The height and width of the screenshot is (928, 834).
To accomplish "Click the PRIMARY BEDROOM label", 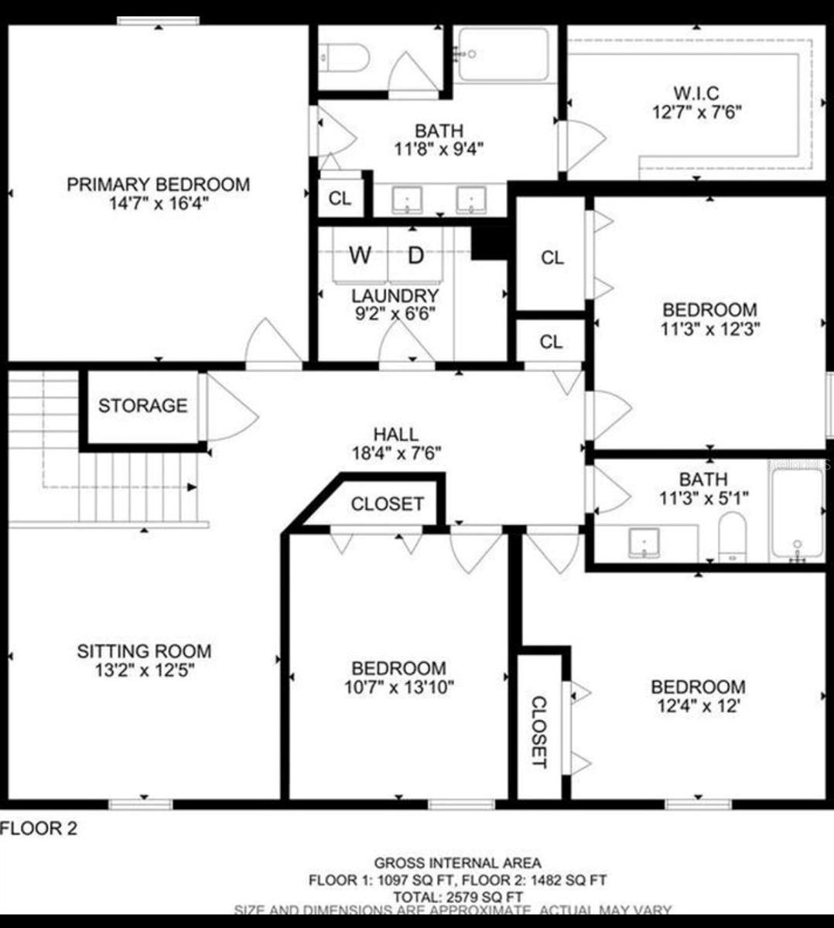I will point(158,185).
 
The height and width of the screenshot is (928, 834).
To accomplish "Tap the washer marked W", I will point(360,255).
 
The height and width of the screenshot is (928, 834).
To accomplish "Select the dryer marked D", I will point(416,255).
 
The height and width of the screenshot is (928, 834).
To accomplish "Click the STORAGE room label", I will point(142,406).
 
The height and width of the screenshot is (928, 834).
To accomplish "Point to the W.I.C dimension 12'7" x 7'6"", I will point(696,112).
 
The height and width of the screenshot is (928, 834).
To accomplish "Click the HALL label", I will point(396,435).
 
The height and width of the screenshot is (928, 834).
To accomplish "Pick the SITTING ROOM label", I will point(144,651).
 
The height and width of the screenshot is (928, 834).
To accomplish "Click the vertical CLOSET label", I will point(538,732).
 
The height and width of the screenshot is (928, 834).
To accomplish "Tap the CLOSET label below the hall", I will point(387,504).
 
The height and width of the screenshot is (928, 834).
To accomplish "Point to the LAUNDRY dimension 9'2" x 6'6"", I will point(395,314).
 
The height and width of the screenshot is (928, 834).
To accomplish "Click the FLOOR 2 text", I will point(39,829).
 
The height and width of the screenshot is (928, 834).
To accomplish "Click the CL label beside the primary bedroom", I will point(340,199).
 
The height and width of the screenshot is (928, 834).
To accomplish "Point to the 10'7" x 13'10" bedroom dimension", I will point(398,687).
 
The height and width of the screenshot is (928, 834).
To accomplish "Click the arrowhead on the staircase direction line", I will point(191,486).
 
